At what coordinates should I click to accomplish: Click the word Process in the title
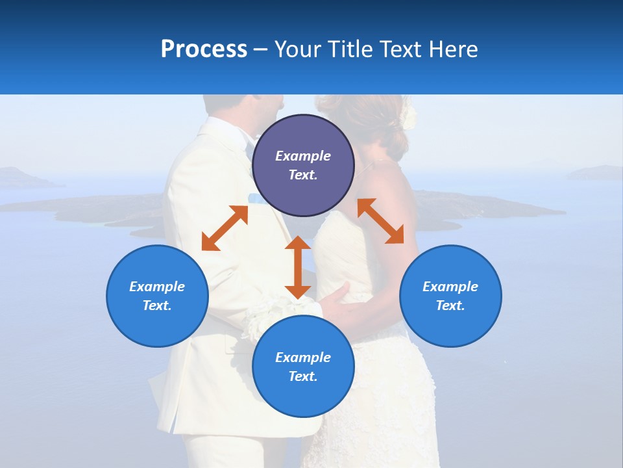pyautogui.click(x=204, y=49)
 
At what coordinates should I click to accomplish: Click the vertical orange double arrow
pyautogui.click(x=298, y=267)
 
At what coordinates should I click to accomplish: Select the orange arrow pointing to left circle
pyautogui.click(x=225, y=228)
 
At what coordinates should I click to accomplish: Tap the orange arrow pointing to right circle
pyautogui.click(x=381, y=221)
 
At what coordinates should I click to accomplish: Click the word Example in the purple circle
pyautogui.click(x=303, y=156)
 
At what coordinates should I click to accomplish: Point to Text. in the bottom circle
pyautogui.click(x=303, y=376)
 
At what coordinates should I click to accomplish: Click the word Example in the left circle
pyautogui.click(x=157, y=287)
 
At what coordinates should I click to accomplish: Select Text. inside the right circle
pyautogui.click(x=450, y=305)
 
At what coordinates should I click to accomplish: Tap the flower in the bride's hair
pyautogui.click(x=407, y=117)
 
